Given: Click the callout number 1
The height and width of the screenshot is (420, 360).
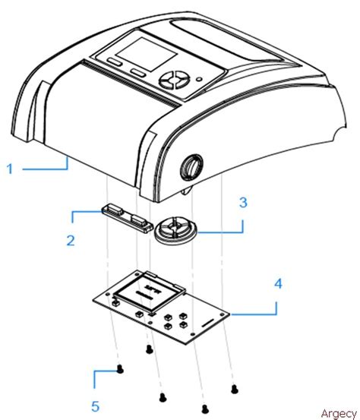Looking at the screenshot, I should [11, 169].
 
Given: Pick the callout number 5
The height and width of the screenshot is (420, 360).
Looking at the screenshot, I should [96, 406].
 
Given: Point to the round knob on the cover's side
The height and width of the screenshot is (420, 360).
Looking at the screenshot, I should [193, 166].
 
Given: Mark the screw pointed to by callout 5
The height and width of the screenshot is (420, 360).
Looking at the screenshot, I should [120, 370].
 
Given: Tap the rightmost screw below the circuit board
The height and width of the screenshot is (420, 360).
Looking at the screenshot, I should [234, 388].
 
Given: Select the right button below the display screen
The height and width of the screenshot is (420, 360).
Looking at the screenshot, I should [137, 71].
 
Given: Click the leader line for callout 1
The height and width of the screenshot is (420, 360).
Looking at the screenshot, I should [46, 169].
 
